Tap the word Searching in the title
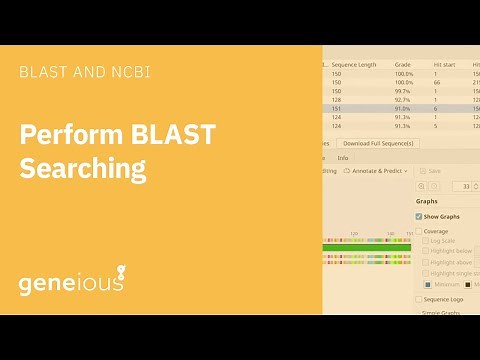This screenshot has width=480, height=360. click(84, 168)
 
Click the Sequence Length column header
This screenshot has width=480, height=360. click(354, 64)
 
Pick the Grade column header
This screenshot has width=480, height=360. click(402, 64)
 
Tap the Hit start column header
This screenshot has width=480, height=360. click(444, 64)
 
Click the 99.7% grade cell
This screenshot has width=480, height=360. click(403, 90)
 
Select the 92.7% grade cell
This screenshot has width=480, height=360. click(403, 99)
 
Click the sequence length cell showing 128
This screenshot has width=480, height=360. click(337, 99)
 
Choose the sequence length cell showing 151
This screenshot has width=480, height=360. click(337, 108)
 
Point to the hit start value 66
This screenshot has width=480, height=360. click(437, 82)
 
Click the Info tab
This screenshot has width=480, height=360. click(342, 157)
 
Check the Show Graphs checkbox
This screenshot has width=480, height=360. click(419, 216)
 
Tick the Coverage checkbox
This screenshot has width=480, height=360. click(419, 231)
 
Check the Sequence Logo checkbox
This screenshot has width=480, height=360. click(419, 299)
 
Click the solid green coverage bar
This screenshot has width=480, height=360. click(366, 247)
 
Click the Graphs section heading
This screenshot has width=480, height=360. click(426, 201)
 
